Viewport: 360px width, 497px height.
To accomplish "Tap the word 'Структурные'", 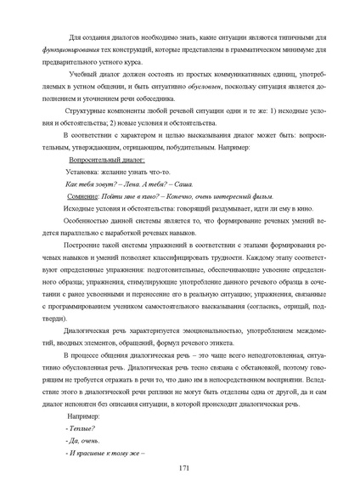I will [87, 111].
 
